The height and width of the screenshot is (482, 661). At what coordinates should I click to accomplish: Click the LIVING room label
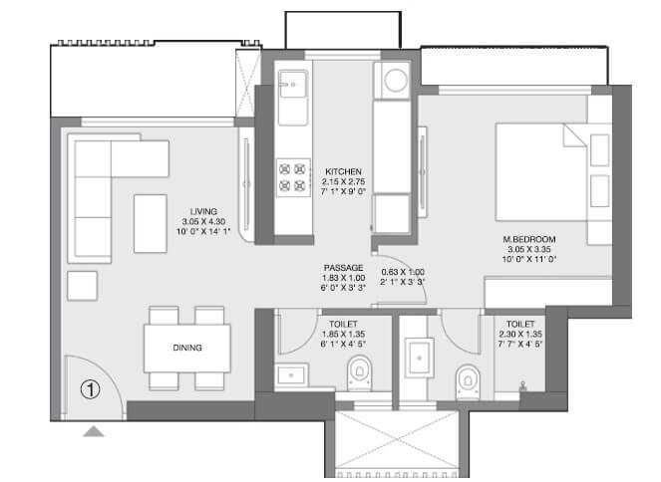pos(205,211)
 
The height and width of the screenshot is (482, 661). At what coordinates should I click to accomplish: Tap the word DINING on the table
pos(186,348)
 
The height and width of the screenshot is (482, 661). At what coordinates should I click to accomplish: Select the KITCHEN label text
pos(342,171)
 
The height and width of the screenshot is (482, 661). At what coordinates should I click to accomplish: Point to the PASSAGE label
pos(343,268)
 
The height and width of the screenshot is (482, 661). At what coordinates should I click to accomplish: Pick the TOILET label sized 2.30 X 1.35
pos(519,324)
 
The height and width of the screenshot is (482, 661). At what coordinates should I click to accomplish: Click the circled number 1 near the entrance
pos(91,390)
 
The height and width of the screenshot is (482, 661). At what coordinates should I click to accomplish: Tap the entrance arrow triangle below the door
pos(93,430)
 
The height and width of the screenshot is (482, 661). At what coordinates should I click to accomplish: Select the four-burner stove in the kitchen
pos(293,176)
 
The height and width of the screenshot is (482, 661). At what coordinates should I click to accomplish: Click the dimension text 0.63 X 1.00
pos(404,272)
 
